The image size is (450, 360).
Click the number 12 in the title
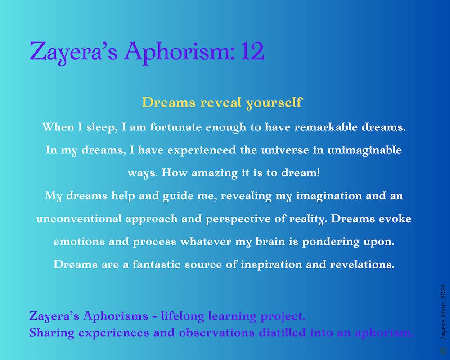click(x=252, y=51)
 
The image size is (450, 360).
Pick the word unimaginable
click(x=364, y=150)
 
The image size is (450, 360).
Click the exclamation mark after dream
click(x=318, y=173)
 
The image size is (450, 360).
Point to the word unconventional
click(x=79, y=219)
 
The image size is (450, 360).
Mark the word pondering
click(x=331, y=242)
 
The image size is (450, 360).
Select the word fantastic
click(x=157, y=265)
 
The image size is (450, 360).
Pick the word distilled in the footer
click(x=283, y=333)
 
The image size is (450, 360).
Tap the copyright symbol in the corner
click(x=443, y=351)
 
